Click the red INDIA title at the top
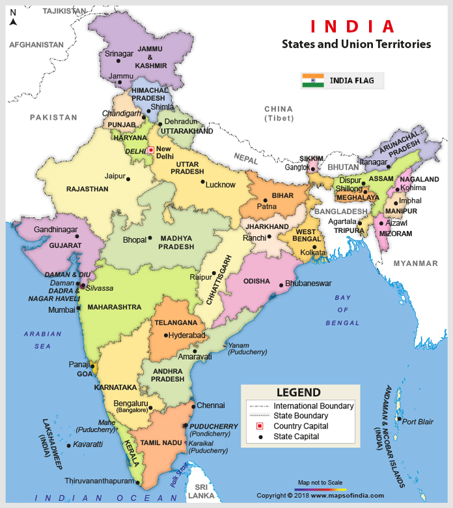[352, 27]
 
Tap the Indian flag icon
[312, 81]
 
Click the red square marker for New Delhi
[150, 150]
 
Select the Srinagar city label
[118, 53]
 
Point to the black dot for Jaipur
[128, 179]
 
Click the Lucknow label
[220, 185]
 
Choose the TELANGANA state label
[176, 323]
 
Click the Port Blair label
[417, 421]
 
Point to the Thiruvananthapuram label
[98, 481]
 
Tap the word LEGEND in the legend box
[298, 392]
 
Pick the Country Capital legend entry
[301, 426]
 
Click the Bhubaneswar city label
[309, 284]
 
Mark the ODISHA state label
[256, 281]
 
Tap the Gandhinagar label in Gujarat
[56, 230]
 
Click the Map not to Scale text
[320, 483]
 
